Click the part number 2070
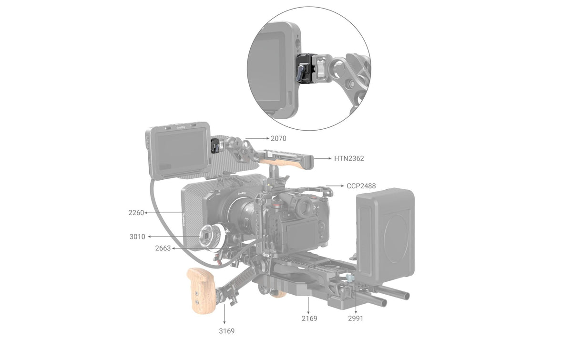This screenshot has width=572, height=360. click(x=278, y=138)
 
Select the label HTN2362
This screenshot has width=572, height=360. click(x=349, y=158)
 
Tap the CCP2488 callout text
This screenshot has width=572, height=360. click(x=361, y=186)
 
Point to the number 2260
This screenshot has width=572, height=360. click(x=136, y=213)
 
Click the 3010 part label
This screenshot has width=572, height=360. click(x=137, y=237)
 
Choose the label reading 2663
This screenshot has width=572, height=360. click(x=163, y=248)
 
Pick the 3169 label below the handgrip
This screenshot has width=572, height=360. click(x=227, y=331)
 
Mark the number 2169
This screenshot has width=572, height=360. click(x=309, y=319)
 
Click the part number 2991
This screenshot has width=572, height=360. click(x=356, y=319)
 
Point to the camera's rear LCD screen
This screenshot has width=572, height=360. click(x=303, y=234)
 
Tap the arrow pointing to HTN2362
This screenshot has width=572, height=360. click(x=323, y=158)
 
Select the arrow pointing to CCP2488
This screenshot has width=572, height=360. click(x=335, y=186)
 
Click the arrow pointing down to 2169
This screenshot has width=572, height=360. click(x=308, y=305)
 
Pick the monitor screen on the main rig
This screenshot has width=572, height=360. click(x=180, y=151)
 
